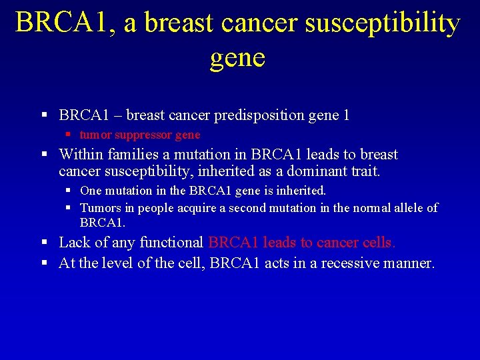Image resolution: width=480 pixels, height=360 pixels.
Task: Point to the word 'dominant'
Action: (x=320, y=171)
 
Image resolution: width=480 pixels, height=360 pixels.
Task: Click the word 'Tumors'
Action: (x=99, y=208)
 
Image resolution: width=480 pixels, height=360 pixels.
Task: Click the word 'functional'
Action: (x=172, y=242)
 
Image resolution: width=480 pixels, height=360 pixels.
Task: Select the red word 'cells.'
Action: (x=379, y=242)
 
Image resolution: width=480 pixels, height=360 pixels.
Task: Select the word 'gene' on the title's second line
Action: (x=237, y=57)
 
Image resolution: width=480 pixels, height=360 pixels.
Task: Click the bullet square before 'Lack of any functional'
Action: (x=45, y=243)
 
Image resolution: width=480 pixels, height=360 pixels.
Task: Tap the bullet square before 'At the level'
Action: (x=45, y=263)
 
